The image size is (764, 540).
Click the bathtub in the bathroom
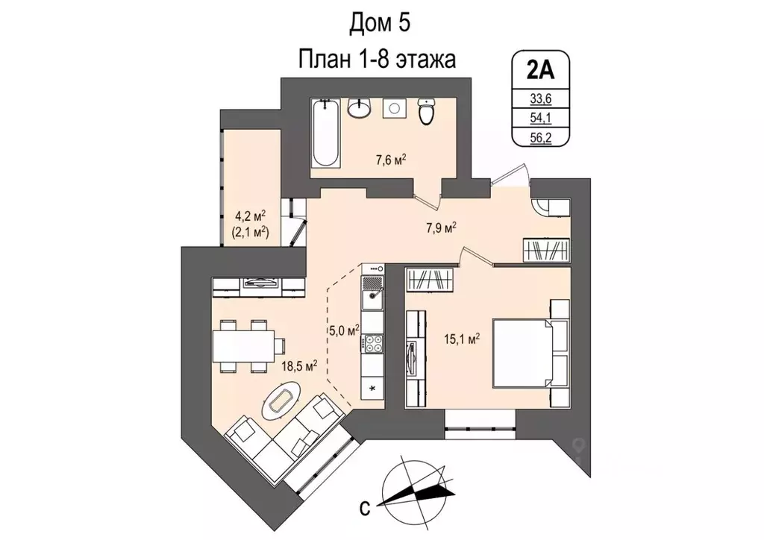326,134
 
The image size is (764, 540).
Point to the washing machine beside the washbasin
393,109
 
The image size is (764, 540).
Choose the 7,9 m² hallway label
441,227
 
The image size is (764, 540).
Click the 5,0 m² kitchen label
343,328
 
